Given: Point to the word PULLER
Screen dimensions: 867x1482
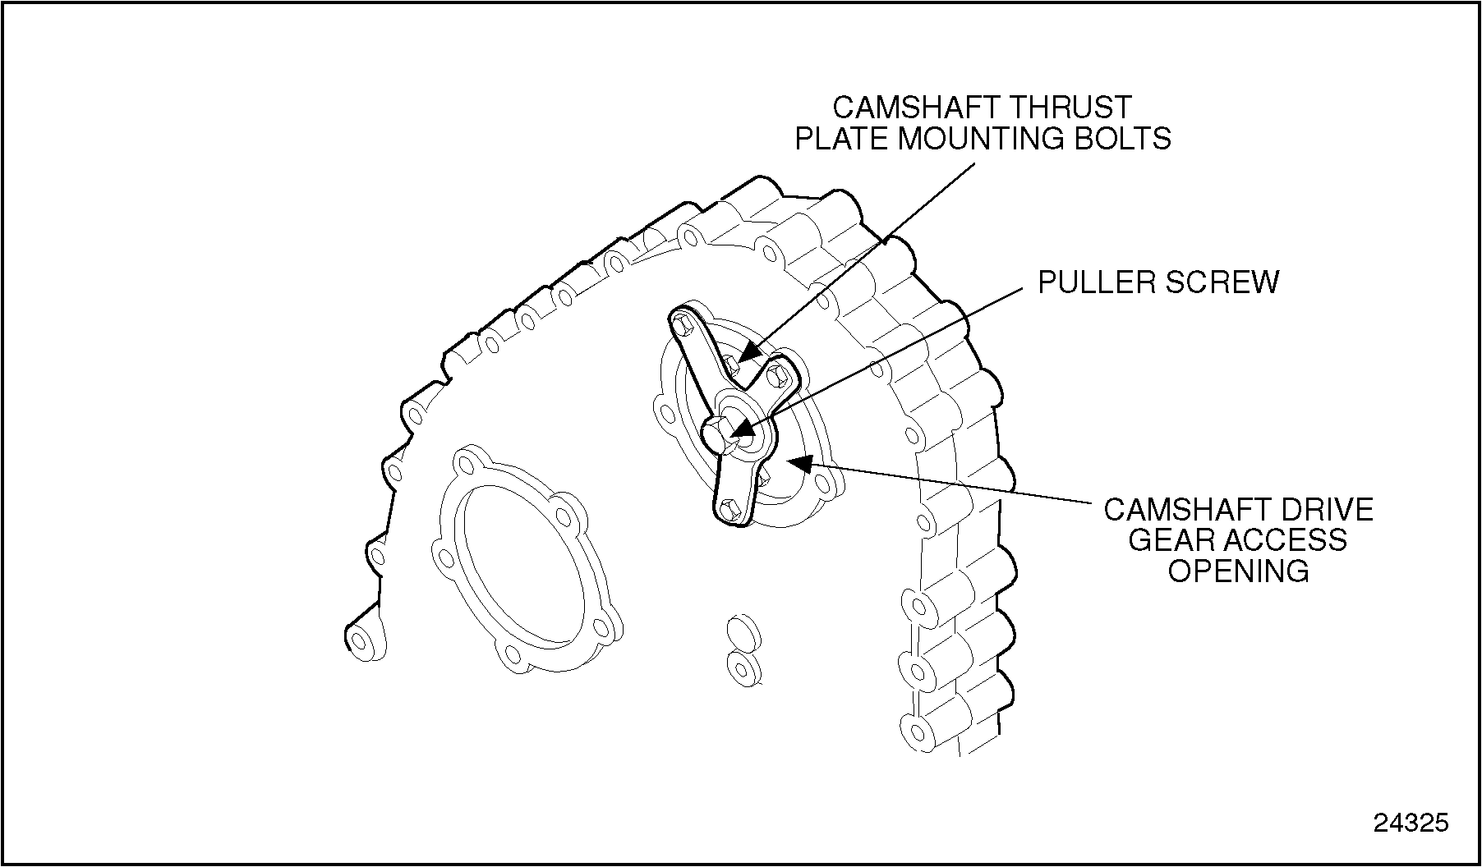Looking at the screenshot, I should [1098, 282].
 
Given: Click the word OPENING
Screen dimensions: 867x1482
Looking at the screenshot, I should [1238, 571].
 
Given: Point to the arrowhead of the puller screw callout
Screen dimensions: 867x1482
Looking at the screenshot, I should [740, 432].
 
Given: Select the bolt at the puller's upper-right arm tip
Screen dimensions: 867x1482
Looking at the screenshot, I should [777, 376].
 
